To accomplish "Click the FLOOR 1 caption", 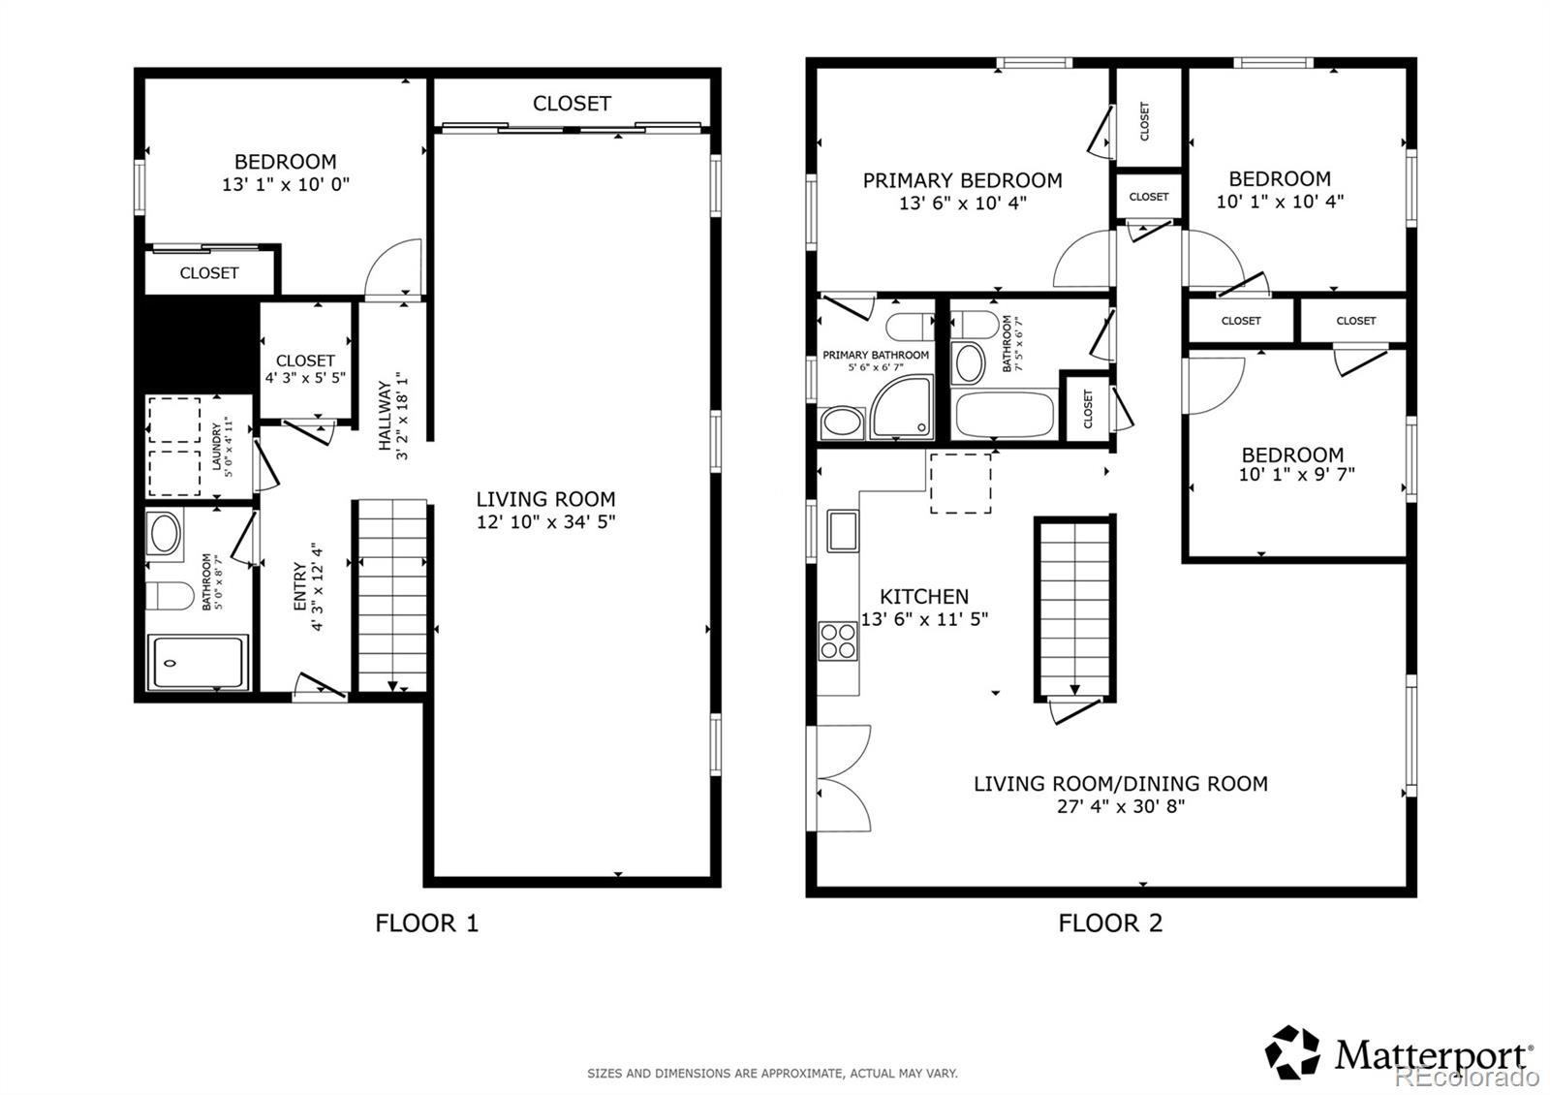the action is click(x=426, y=923).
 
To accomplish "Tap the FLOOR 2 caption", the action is click(x=1110, y=923).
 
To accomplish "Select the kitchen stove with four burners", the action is click(x=838, y=641).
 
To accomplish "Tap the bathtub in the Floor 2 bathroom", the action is click(x=1005, y=414).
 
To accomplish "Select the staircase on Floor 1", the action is click(x=392, y=595).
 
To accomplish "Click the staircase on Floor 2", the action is click(x=1074, y=610).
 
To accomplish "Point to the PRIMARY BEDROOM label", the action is click(x=962, y=180).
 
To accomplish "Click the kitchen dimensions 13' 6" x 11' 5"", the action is click(x=924, y=619).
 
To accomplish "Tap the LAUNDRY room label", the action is click(x=217, y=447).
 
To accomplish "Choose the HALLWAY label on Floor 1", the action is click(x=386, y=416).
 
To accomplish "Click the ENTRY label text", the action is click(x=300, y=586).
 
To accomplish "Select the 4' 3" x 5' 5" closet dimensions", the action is click(x=305, y=378).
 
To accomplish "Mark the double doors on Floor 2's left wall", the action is click(x=840, y=778).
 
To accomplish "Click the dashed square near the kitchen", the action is click(x=960, y=484).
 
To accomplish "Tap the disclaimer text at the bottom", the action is click(x=772, y=1074).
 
